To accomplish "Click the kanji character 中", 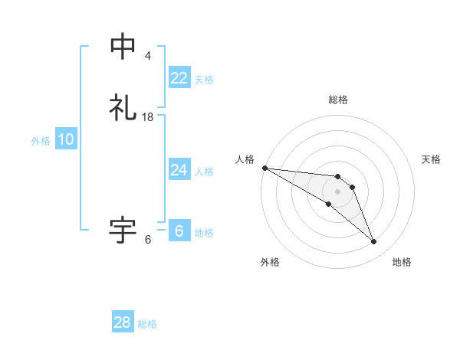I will (123, 47).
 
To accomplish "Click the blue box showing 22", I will (179, 78).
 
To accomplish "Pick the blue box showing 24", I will (179, 170).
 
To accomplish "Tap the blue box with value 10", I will (65, 140).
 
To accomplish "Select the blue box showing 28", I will (123, 323).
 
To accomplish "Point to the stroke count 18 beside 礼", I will (148, 117).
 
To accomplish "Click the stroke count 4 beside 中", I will (148, 56).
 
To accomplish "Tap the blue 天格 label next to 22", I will (204, 80).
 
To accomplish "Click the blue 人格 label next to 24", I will (204, 172).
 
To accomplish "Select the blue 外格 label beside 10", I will (41, 141).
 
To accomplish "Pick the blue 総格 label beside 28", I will (147, 324).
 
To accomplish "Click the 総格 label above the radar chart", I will (338, 100).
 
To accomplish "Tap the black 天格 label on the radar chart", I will (431, 159).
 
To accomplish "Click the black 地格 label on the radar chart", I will (402, 262).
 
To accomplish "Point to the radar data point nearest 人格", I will (264, 168).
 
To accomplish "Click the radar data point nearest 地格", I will (374, 242).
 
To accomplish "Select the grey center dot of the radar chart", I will (338, 191).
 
